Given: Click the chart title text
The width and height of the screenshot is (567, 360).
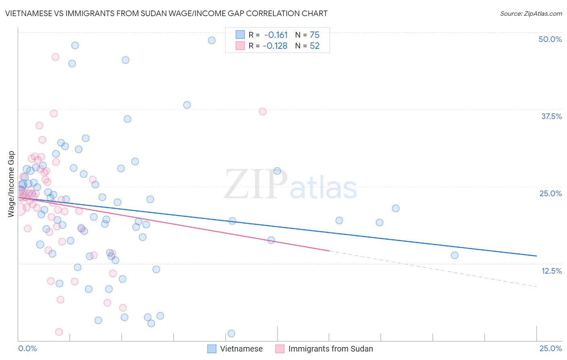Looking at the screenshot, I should click(x=166, y=13).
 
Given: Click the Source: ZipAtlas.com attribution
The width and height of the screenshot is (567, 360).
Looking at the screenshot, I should click(x=531, y=13).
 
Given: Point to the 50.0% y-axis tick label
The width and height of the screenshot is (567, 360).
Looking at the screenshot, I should click(x=550, y=39).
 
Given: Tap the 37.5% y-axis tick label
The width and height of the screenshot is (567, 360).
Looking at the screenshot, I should click(x=551, y=116).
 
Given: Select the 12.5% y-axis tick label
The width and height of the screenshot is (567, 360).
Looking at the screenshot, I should click(x=551, y=271).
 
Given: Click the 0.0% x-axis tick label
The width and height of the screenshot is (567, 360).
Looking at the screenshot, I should click(x=27, y=348).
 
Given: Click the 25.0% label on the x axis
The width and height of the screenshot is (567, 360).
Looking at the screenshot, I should click(x=550, y=348).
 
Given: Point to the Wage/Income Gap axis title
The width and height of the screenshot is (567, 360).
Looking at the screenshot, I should click(x=11, y=184).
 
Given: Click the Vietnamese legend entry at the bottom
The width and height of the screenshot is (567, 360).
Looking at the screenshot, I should click(x=241, y=349).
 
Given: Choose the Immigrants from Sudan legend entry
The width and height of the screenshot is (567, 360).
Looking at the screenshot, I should click(x=330, y=349).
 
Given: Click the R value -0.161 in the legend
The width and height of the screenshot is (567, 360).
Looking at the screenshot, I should click(x=276, y=35).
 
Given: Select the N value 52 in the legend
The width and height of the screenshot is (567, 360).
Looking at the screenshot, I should click(x=315, y=46).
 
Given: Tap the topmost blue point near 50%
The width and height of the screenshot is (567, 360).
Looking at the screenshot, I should click(x=212, y=40).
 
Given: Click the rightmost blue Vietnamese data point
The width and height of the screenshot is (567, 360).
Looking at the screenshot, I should click(x=454, y=255).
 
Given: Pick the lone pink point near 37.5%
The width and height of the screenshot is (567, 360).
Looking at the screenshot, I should click(x=263, y=111).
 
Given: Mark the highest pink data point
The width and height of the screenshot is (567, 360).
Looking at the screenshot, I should click(x=55, y=57).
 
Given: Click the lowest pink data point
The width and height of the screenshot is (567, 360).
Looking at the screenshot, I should click(x=59, y=332).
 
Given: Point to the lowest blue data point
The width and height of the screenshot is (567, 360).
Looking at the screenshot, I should click(x=231, y=333).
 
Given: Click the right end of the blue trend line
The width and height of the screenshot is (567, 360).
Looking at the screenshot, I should click(x=536, y=256).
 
